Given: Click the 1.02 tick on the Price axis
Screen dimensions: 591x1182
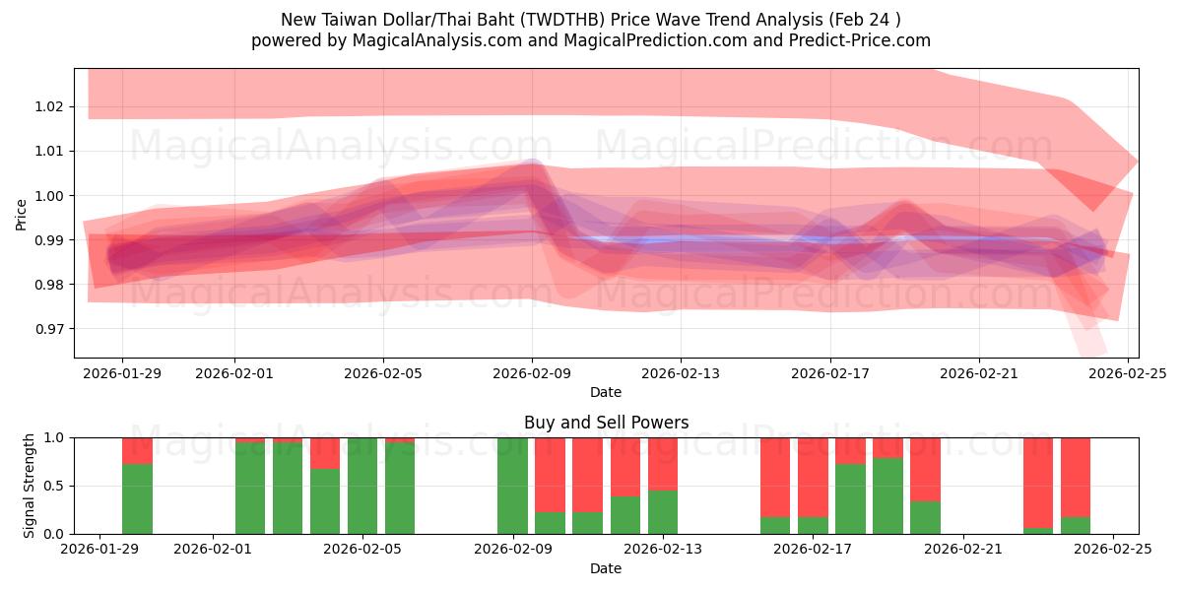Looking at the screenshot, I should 51,106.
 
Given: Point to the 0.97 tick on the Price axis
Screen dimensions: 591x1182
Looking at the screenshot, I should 51,329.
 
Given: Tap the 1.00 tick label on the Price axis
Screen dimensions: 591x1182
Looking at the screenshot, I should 51,196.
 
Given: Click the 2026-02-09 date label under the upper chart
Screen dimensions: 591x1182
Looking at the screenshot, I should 532,374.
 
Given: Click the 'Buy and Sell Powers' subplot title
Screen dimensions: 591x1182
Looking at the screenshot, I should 606,423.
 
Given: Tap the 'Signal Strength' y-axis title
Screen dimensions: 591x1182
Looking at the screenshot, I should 30,486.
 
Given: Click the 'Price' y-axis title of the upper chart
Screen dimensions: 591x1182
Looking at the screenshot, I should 22,214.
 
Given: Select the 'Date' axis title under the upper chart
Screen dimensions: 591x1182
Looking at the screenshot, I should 606,392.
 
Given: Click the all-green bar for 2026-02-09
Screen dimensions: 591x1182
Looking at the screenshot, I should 512,486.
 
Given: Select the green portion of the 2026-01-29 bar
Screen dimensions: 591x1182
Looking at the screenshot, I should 138,498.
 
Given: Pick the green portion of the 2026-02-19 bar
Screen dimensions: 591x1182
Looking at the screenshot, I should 887,495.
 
